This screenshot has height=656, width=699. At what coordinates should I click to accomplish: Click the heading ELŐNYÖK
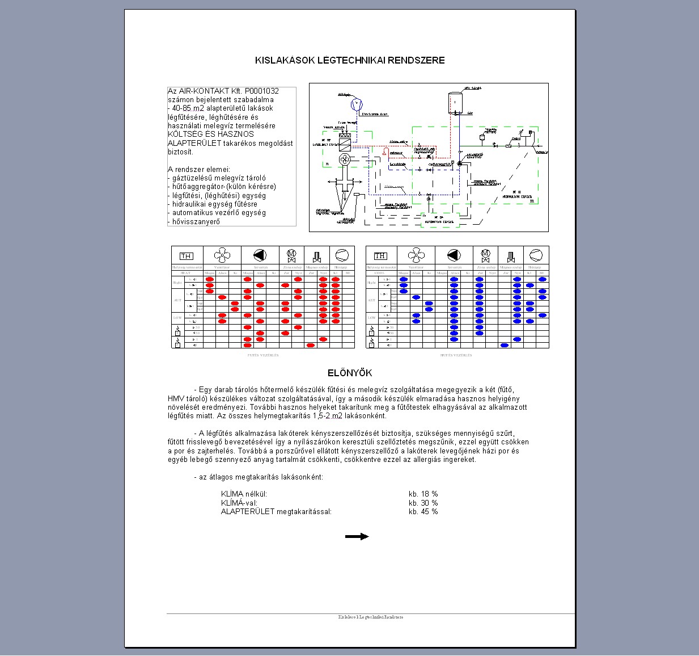click(350, 373)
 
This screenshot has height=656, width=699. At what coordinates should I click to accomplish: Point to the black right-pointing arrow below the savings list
click(357, 536)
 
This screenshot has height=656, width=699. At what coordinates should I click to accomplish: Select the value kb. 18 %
click(423, 494)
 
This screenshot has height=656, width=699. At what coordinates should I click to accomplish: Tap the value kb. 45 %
click(423, 512)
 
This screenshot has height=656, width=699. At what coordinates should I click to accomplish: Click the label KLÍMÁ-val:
click(239, 503)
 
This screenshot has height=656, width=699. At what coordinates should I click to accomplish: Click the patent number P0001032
click(262, 91)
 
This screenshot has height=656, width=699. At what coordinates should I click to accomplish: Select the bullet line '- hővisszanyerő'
click(194, 222)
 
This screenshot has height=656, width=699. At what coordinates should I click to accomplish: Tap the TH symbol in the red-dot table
click(186, 256)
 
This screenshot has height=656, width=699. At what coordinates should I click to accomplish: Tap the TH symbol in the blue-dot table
click(380, 256)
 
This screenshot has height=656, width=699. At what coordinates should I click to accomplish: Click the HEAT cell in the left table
click(185, 273)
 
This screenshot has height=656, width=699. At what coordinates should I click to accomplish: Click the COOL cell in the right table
click(380, 273)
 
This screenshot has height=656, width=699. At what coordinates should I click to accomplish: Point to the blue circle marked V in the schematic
click(356, 104)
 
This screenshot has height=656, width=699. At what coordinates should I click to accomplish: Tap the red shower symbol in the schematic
click(385, 152)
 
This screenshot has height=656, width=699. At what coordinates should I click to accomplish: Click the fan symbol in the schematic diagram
click(344, 159)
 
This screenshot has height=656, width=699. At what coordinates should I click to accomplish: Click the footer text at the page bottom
click(370, 617)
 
